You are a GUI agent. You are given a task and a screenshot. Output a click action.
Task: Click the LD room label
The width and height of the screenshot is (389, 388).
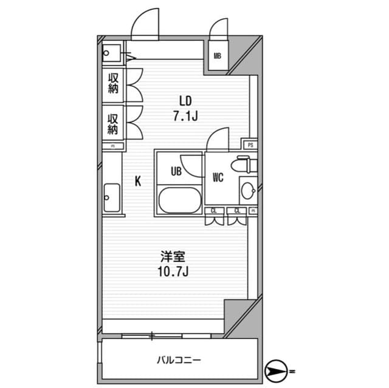[x=186, y=100]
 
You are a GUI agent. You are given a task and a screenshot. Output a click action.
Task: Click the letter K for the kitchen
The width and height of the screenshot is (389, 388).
[x=138, y=180]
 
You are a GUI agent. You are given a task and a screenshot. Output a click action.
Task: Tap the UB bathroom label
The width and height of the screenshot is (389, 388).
[x=176, y=171]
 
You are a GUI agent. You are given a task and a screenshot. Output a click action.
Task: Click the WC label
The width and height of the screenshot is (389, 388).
[x=219, y=178]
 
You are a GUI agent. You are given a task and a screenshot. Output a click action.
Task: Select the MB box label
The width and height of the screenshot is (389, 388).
[x=217, y=57]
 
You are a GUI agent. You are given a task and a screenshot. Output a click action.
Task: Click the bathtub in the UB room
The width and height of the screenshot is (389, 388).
[x=179, y=200]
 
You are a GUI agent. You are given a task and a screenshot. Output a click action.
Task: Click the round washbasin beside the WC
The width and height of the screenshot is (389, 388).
[x=248, y=192]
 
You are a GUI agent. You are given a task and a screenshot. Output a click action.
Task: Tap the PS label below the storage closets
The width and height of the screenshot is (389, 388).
[x=113, y=146]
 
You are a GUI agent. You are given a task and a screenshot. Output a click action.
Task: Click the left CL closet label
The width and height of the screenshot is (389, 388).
[x=214, y=211]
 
